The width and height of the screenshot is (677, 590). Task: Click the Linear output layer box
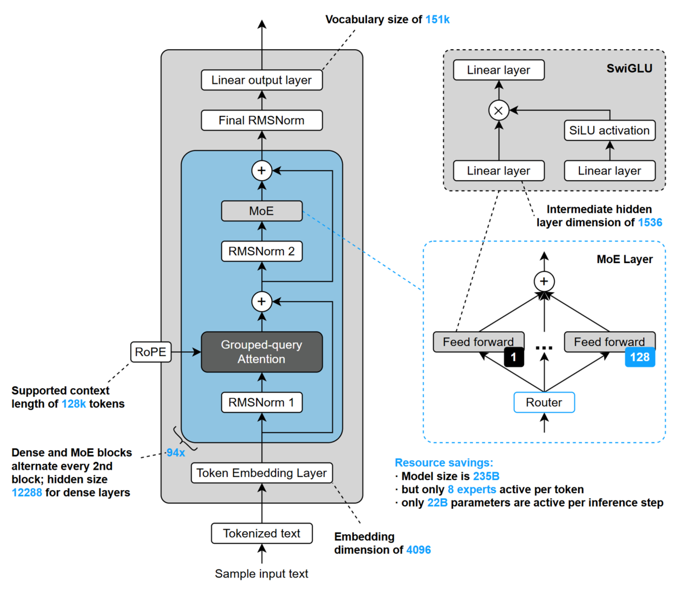(261, 80)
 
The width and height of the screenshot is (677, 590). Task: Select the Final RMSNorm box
(261, 121)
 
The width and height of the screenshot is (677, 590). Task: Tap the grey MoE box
(261, 211)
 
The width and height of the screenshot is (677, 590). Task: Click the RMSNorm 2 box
(261, 251)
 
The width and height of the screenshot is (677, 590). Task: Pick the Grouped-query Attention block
(261, 352)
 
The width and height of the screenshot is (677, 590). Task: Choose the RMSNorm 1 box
(261, 402)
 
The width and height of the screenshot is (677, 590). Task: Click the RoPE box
(150, 352)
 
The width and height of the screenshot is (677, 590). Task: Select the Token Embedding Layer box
(261, 473)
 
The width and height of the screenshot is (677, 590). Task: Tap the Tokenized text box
(261, 533)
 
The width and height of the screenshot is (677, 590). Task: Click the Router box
(544, 402)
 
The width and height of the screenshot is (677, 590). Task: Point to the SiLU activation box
(609, 131)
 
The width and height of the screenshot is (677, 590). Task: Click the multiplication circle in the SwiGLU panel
(499, 110)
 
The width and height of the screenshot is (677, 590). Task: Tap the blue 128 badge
(640, 357)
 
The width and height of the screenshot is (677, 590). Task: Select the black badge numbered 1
(513, 357)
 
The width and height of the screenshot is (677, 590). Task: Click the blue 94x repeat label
(176, 452)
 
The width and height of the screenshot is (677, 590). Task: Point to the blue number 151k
(437, 20)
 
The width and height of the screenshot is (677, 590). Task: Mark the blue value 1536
(650, 222)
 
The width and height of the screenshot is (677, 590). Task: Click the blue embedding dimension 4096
(419, 550)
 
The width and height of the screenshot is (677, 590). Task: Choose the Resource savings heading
(444, 462)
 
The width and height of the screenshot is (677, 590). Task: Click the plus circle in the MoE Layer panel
(544, 281)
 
